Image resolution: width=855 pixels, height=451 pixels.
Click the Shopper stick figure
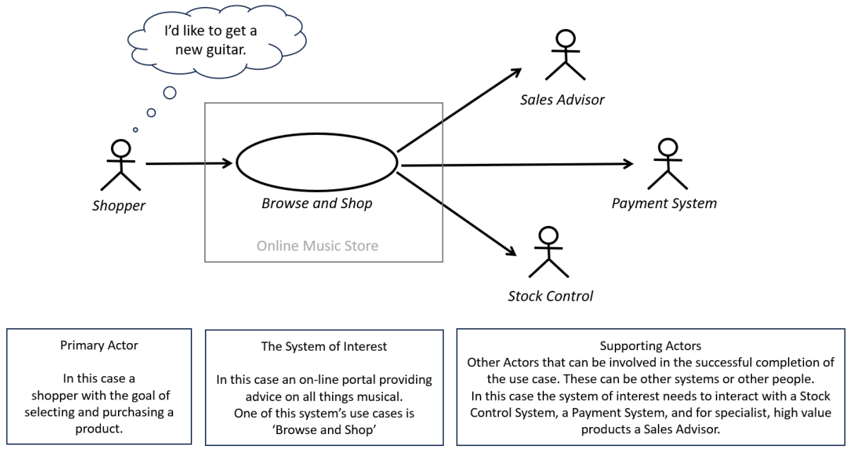[121, 166]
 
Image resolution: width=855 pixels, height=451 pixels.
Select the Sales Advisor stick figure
[565, 56]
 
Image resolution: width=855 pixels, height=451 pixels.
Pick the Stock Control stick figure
[548, 252]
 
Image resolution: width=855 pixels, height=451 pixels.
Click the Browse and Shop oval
[317, 162]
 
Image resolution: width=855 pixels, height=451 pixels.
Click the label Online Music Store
[317, 246]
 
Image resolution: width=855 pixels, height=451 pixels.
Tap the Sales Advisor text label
[562, 100]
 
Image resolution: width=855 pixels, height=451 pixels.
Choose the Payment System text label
[664, 203]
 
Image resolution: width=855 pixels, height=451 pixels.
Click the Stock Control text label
[550, 296]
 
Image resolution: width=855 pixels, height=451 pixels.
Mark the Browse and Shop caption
[317, 204]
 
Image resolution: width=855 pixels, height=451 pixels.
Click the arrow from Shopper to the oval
[189, 164]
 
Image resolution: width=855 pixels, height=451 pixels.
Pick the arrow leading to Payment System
[516, 164]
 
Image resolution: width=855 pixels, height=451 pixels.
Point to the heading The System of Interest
[324, 347]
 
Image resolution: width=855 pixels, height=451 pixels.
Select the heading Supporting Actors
[650, 347]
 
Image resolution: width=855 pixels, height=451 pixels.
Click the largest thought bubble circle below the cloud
[170, 92]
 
